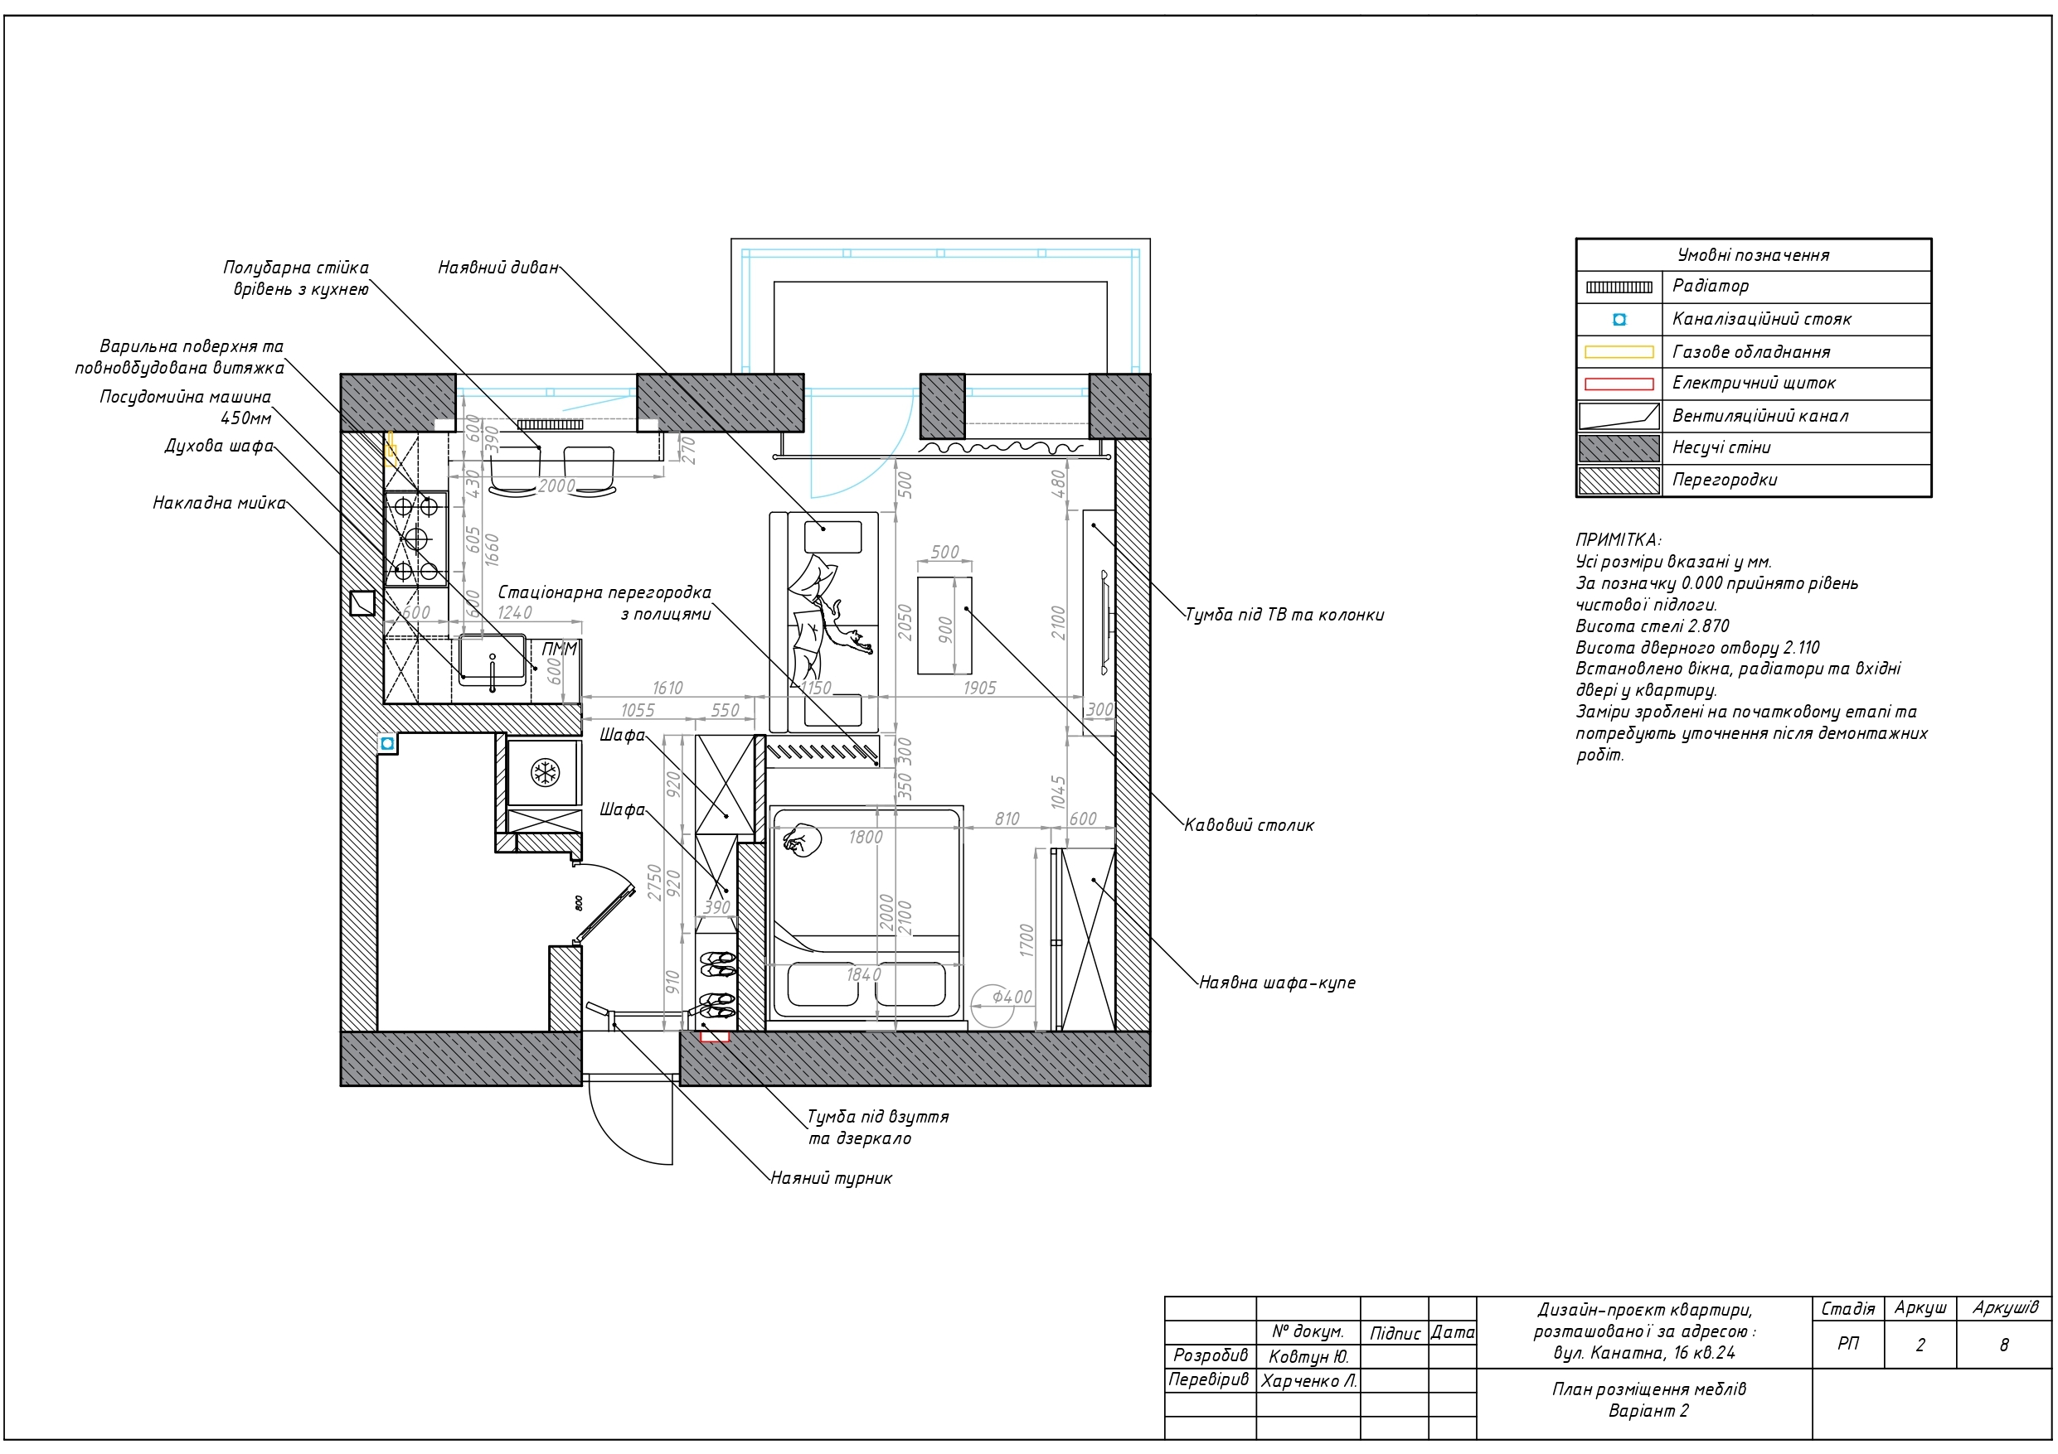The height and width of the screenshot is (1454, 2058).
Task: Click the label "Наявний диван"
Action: point(498,268)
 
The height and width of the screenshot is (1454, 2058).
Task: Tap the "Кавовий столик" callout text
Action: point(1249,825)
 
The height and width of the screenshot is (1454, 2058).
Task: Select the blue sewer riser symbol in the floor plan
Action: point(387,744)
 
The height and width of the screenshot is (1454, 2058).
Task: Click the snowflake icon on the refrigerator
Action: point(544,772)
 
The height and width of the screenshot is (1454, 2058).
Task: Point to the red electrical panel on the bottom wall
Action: point(716,1036)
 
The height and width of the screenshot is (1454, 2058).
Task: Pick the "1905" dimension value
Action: point(980,688)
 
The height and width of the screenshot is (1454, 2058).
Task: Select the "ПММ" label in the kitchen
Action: point(560,649)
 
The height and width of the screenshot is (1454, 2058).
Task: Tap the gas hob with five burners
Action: point(416,539)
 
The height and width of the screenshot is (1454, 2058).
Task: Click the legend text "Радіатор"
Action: point(1711,287)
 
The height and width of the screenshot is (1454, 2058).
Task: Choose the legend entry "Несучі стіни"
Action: point(1721,448)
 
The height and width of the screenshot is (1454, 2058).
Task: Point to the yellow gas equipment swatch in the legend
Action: point(1619,352)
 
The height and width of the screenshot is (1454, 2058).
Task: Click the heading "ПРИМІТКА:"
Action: point(1618,540)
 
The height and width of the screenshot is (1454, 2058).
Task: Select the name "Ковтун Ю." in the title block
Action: point(1308,1357)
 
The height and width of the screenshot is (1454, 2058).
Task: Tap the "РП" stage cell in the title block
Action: point(1847,1344)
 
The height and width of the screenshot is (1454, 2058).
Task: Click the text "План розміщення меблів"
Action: point(1649,1389)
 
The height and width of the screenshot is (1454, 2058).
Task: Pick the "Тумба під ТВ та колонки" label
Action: point(1284,616)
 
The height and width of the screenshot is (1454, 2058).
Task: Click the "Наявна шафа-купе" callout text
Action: point(1277,983)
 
